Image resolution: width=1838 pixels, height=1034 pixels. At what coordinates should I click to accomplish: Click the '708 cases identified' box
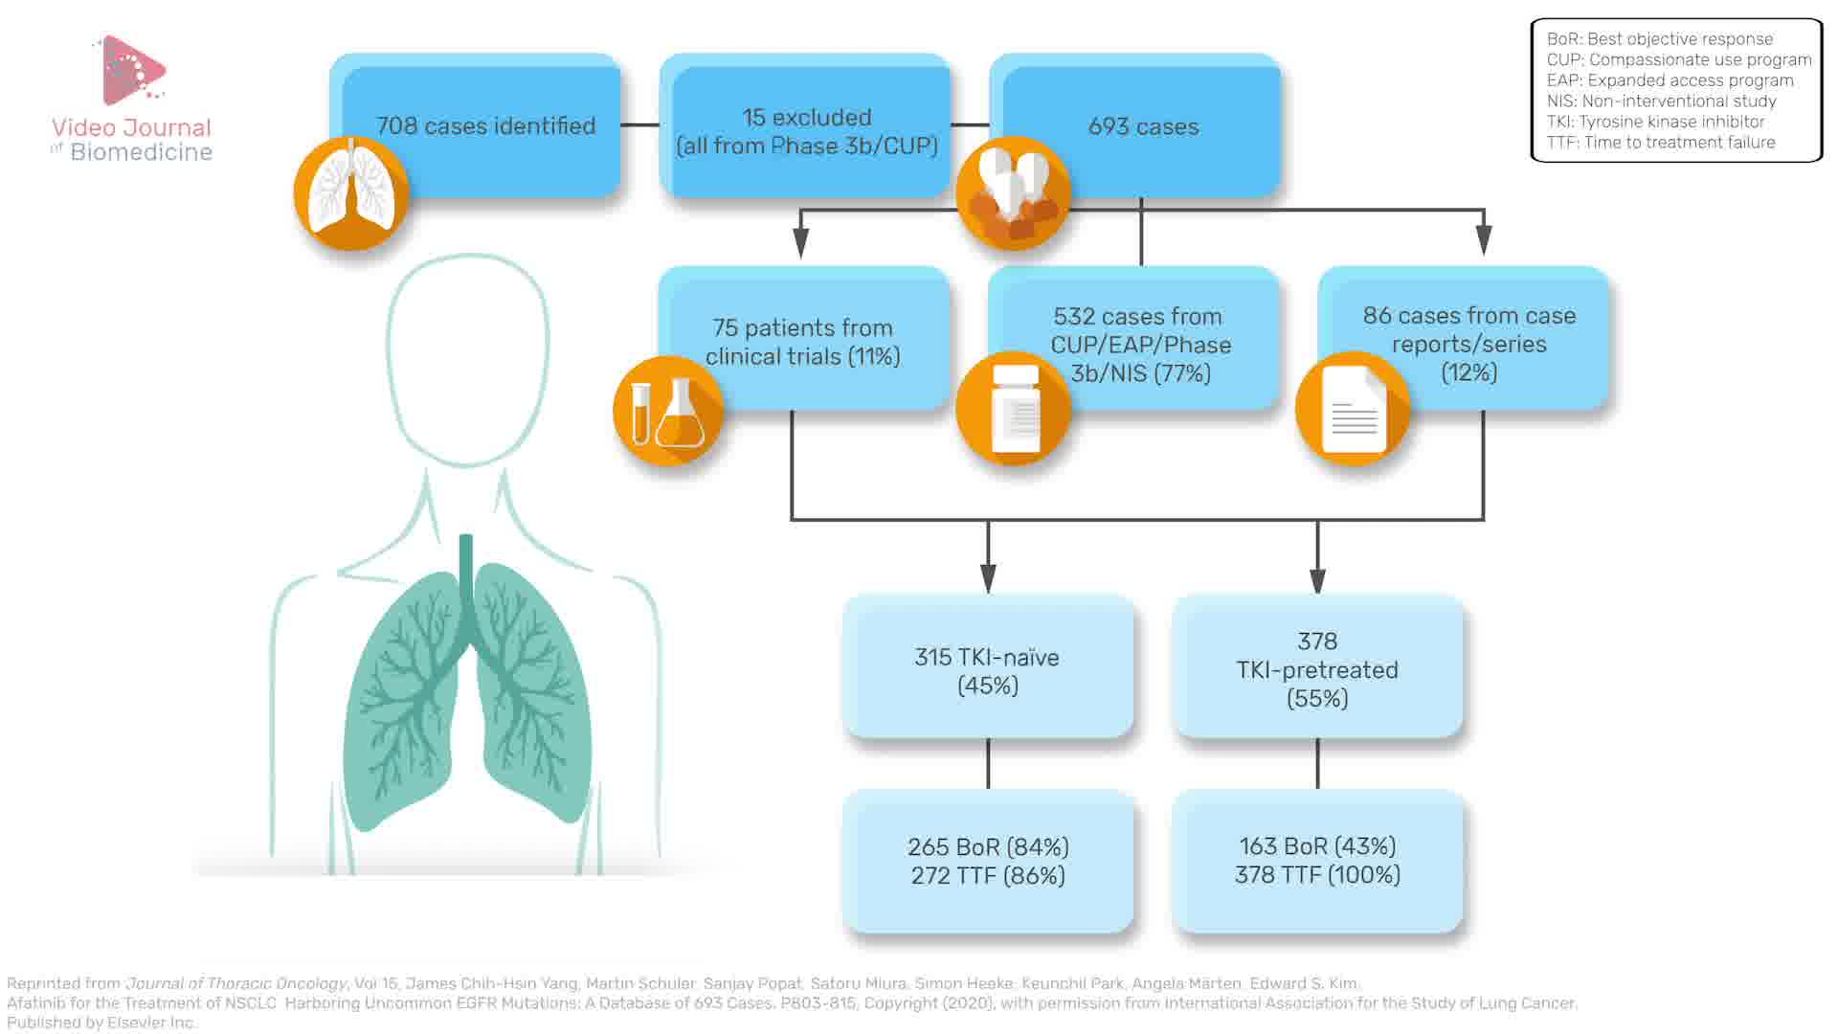(x=485, y=125)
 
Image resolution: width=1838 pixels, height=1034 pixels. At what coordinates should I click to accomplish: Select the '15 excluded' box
(x=806, y=130)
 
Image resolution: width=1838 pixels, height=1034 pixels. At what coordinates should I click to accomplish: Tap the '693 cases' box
(x=1143, y=125)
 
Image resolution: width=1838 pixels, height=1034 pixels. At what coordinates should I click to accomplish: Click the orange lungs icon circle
(x=351, y=193)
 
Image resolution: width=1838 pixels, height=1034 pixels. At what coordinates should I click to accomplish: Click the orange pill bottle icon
(x=1014, y=409)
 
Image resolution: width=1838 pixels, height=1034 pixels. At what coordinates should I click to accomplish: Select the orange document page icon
(x=1353, y=409)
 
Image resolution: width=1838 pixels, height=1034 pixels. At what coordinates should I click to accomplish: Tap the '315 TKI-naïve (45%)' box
(x=987, y=670)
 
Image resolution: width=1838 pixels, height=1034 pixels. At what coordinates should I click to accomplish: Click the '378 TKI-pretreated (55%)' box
(x=1317, y=669)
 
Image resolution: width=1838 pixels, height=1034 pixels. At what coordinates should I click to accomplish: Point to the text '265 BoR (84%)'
(x=988, y=847)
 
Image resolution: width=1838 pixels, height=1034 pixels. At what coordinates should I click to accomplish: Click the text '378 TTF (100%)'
(x=1317, y=875)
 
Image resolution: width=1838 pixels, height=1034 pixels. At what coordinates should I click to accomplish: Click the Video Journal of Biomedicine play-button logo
(x=133, y=70)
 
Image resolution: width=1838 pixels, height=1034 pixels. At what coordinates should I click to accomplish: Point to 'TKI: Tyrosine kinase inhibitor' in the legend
(x=1655, y=122)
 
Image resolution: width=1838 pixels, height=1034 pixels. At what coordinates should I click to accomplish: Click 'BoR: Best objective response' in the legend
(x=1659, y=39)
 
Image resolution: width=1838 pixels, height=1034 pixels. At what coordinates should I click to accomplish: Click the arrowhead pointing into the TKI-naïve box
(x=988, y=577)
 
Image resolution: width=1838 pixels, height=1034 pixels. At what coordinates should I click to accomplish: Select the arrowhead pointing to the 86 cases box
(x=1484, y=239)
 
